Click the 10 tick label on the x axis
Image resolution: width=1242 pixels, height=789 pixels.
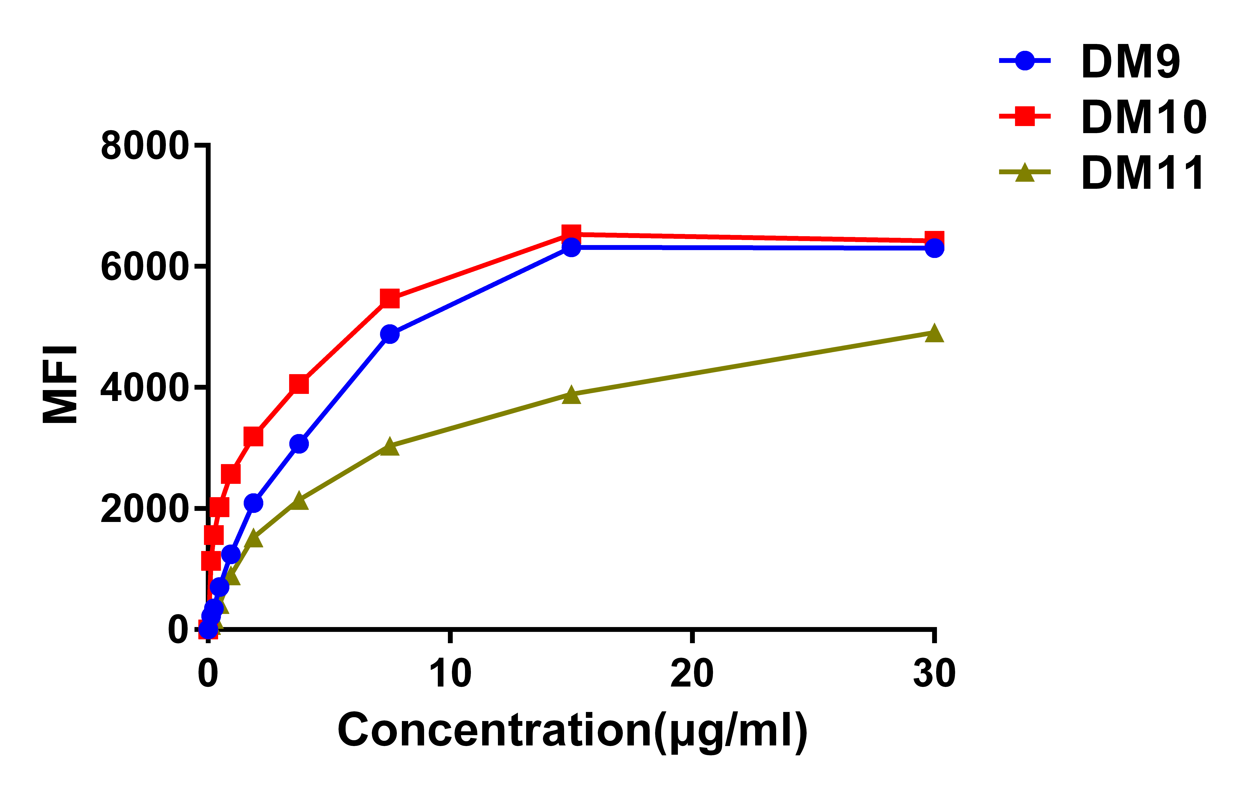(450, 673)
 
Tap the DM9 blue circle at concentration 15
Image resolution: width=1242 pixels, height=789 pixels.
(571, 247)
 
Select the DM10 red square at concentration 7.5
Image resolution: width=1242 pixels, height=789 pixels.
(390, 298)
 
